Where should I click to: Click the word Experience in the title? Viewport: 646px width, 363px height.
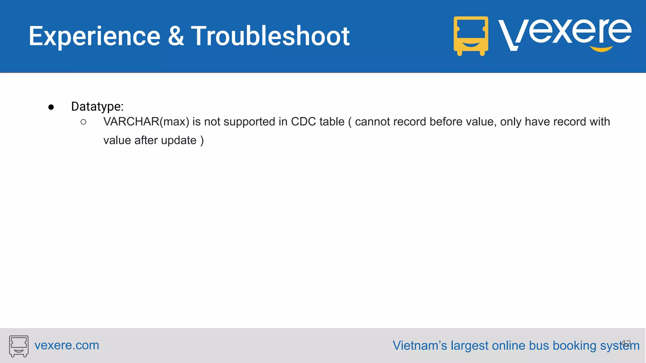94,37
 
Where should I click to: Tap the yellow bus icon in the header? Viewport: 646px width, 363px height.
471,36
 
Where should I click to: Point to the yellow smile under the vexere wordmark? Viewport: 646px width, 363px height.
601,49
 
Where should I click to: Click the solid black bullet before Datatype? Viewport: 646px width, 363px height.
51,107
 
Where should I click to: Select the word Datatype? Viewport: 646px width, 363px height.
97,107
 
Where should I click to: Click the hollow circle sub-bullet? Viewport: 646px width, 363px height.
83,122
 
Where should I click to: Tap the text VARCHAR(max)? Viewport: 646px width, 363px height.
146,122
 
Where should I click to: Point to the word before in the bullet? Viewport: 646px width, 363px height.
448,122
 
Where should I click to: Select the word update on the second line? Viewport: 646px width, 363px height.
179,141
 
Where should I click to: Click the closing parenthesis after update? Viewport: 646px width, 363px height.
202,141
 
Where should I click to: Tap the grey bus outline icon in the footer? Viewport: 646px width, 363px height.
19,346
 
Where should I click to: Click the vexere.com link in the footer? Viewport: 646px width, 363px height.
67,345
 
